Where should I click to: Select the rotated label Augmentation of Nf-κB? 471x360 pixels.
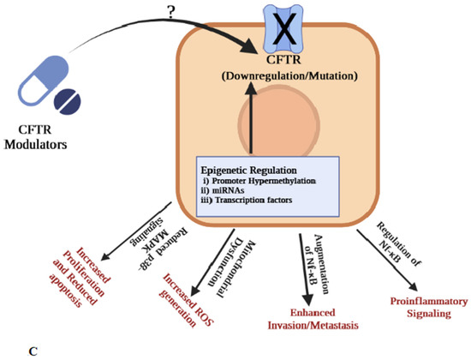point(322,255)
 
